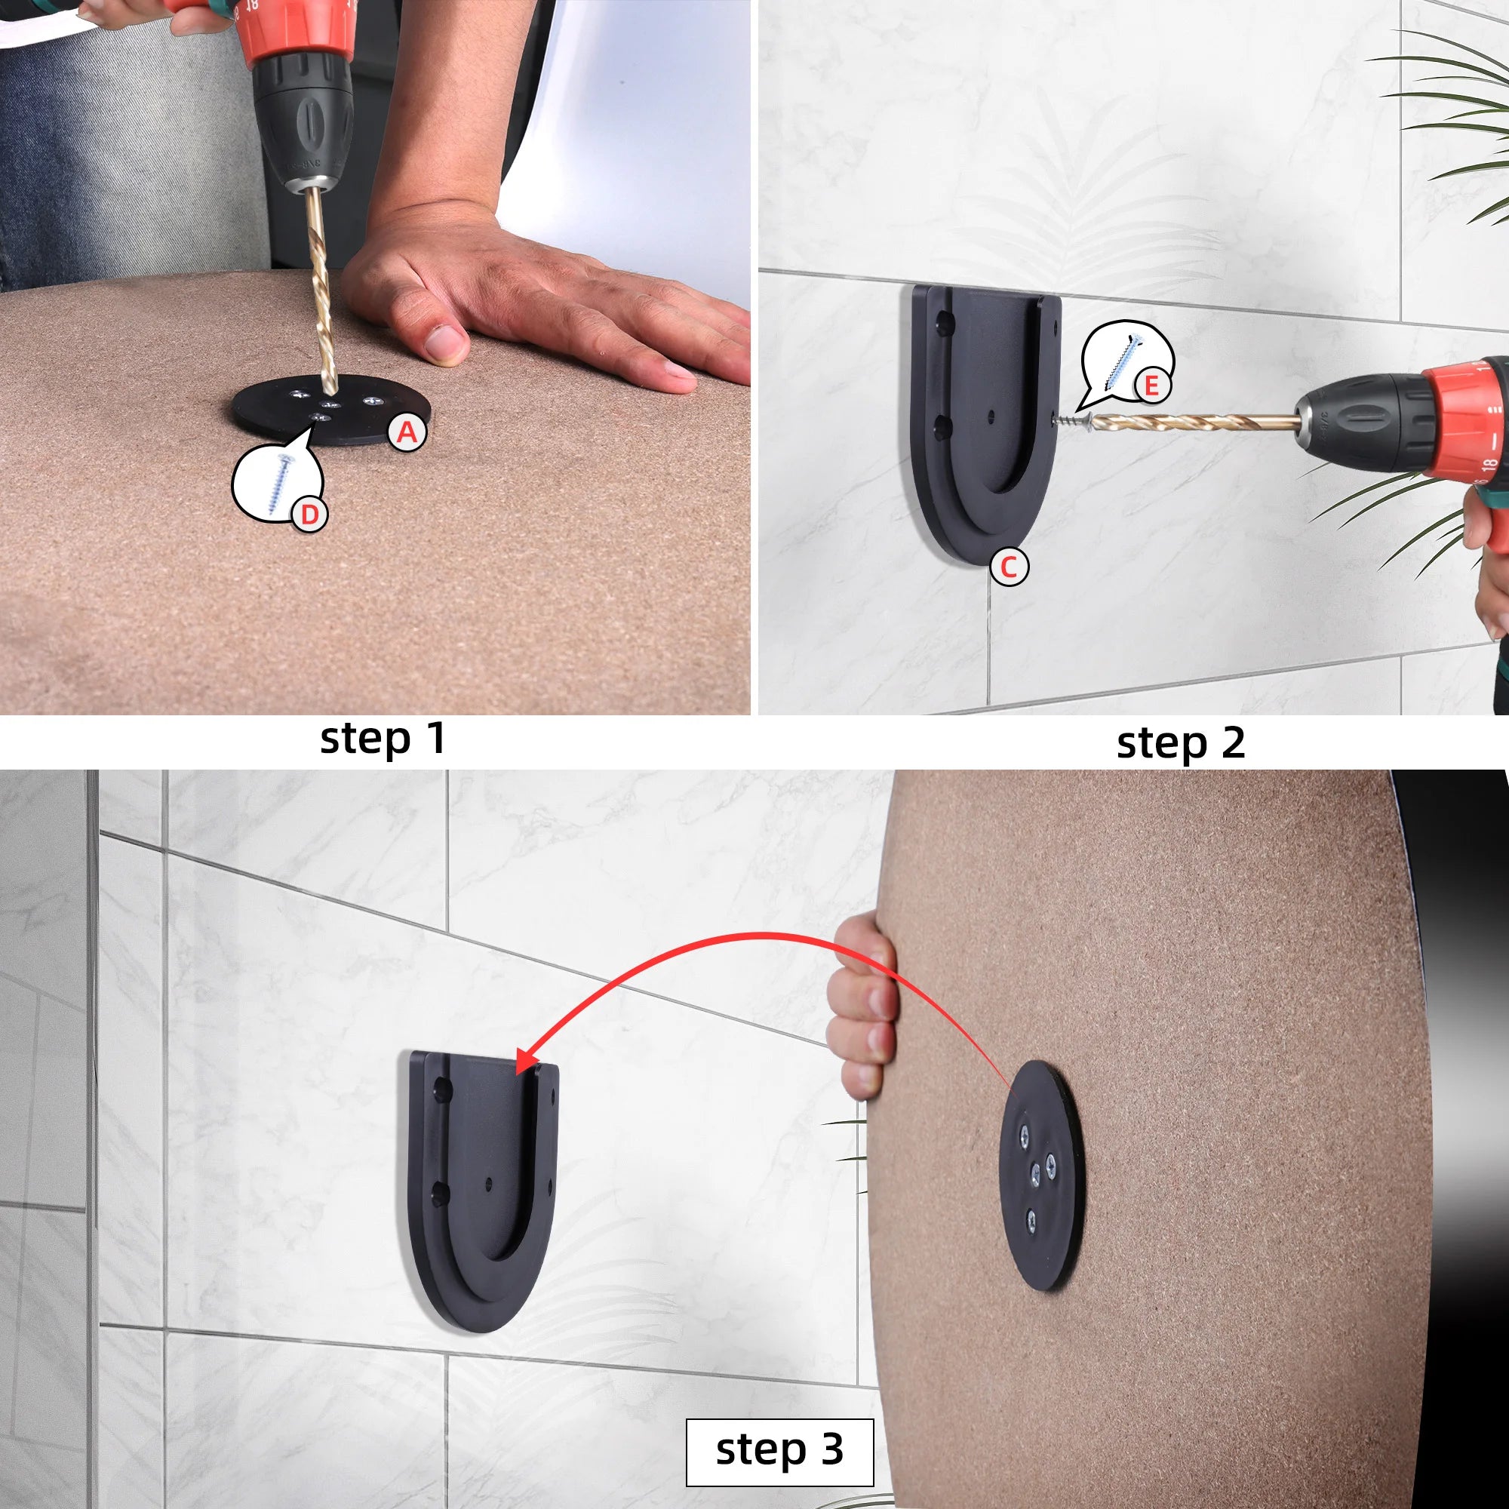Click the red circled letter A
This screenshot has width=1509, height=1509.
(407, 432)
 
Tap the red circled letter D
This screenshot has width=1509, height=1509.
(309, 514)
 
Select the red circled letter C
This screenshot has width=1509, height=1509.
(1008, 567)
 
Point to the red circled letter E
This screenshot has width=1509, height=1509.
(1151, 385)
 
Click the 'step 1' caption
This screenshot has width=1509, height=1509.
(383, 738)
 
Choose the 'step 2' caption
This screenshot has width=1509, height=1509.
(1180, 742)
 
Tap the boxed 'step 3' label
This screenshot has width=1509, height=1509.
(779, 1449)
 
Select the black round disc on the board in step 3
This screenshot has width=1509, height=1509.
(1043, 1179)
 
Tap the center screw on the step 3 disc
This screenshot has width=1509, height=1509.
(1036, 1170)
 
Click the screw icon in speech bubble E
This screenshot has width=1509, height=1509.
(1123, 361)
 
